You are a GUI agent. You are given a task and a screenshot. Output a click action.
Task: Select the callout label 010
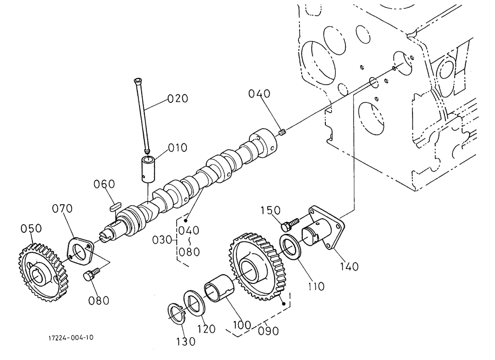(177, 147)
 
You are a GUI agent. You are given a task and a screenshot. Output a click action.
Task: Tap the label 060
(104, 184)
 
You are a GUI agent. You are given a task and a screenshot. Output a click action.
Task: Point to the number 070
(63, 209)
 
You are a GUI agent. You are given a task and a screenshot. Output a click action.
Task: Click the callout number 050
(31, 229)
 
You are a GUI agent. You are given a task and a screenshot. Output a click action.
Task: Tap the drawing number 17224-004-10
(70, 338)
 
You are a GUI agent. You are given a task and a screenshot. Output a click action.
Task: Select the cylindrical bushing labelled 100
(219, 290)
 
